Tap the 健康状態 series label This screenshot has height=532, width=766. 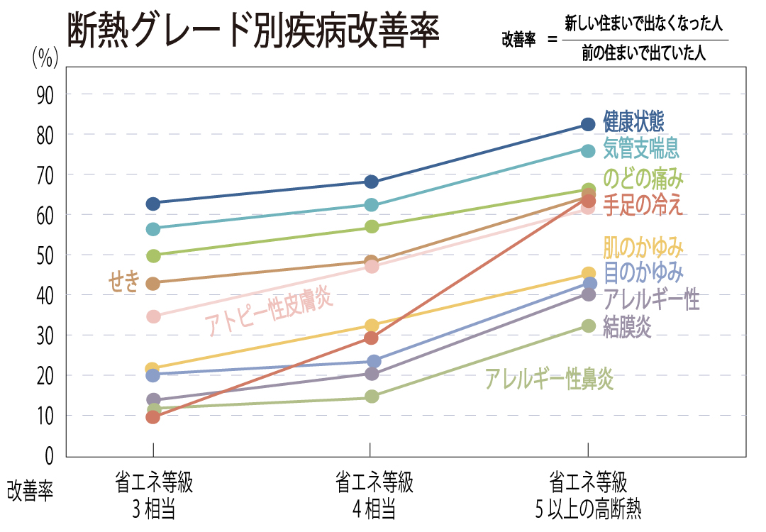[633, 121]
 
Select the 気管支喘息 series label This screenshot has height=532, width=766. [641, 148]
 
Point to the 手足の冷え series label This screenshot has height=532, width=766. [643, 205]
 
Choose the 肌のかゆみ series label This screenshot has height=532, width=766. [643, 248]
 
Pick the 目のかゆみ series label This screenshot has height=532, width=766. [643, 272]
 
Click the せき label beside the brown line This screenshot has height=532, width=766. [123, 282]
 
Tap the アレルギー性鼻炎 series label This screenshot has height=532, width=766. [549, 379]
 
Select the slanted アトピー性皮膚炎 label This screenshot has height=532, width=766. [269, 311]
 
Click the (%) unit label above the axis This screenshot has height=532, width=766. [45, 59]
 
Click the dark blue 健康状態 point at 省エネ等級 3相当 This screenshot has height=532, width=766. [152, 204]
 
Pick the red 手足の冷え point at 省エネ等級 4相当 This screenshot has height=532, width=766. [370, 338]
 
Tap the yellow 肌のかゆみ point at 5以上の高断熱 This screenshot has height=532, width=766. [588, 273]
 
